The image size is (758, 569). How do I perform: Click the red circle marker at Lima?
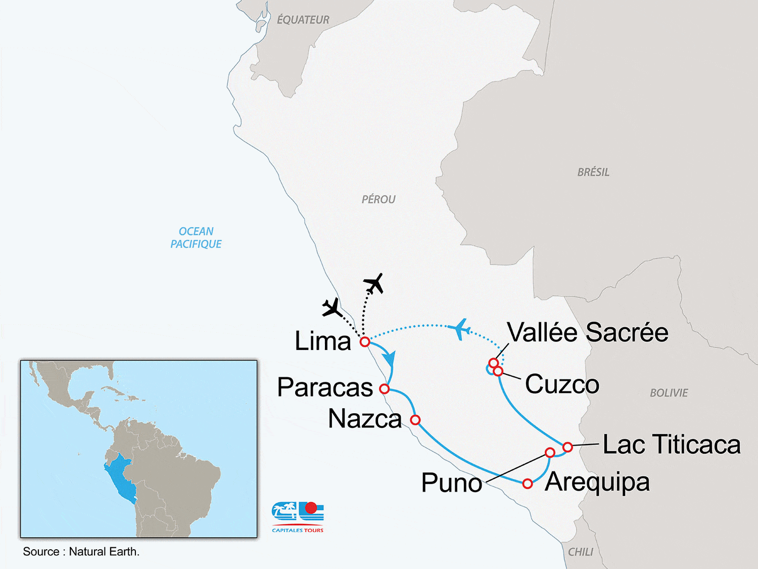(365, 342)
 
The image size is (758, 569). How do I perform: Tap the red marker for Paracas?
(384, 389)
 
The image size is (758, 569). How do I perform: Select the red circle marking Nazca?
(415, 420)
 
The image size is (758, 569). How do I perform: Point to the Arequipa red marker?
(528, 484)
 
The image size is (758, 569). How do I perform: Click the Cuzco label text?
(562, 384)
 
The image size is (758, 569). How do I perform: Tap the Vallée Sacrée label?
(588, 333)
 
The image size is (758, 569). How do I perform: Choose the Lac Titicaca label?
(672, 445)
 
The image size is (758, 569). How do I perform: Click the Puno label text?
(451, 483)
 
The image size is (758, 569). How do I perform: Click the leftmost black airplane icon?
(332, 308)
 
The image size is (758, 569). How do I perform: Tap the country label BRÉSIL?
(593, 172)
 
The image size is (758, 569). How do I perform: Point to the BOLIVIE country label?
(669, 393)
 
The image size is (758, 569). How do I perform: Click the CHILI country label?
(581, 552)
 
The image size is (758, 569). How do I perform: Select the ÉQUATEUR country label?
(303, 20)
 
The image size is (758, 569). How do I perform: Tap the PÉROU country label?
(378, 200)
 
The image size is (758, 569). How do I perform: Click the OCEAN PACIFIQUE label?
(196, 238)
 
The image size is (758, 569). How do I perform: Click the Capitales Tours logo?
(298, 516)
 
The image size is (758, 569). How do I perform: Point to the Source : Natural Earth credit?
(81, 552)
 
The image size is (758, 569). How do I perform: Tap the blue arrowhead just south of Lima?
(389, 359)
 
